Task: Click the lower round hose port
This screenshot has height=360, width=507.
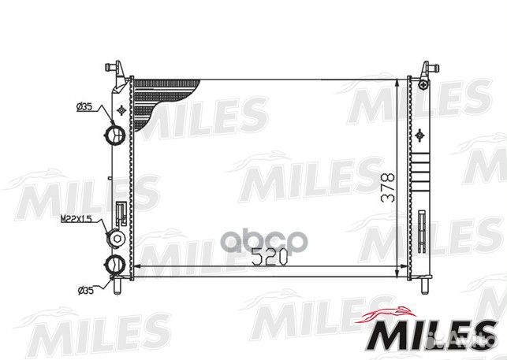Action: click(x=116, y=264)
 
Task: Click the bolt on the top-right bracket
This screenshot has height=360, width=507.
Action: click(x=424, y=83)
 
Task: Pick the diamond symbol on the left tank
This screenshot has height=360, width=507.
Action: click(x=120, y=109)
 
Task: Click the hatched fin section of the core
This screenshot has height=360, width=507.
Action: click(x=162, y=98)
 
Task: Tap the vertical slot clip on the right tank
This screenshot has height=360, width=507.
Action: click(x=424, y=228)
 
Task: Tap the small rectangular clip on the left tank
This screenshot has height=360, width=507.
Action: click(x=121, y=213)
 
